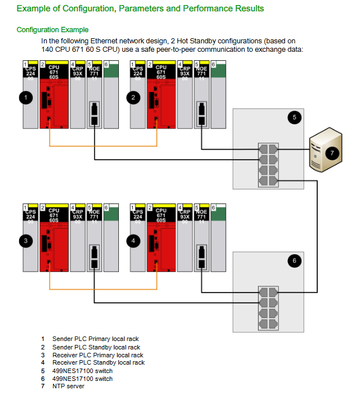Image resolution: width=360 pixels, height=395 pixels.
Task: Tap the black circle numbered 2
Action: coord(134,97)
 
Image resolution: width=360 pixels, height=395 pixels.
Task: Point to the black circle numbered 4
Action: coord(134,241)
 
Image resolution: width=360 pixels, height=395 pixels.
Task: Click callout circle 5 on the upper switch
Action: coord(293,117)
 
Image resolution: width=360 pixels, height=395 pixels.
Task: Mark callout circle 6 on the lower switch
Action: coord(293,260)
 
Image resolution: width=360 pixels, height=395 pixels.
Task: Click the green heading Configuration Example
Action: coord(52,30)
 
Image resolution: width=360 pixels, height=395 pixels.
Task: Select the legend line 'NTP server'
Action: coord(68,387)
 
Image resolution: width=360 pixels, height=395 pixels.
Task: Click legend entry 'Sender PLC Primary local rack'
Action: coord(95,339)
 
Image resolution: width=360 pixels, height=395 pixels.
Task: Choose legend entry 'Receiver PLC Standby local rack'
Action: coord(98,363)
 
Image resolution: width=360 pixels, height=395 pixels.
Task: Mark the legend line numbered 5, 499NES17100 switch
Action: coord(82,371)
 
